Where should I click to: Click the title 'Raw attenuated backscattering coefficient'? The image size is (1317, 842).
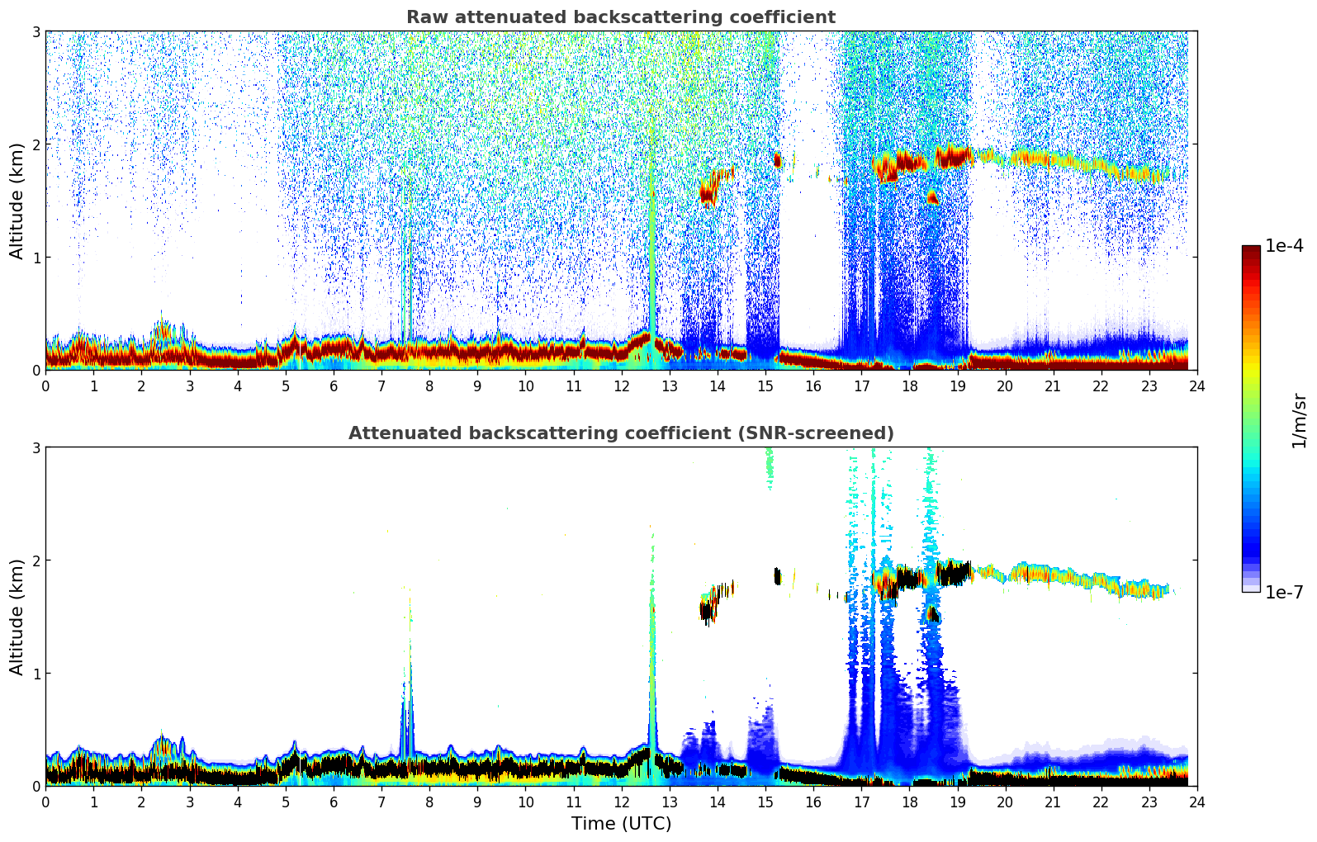tap(621, 17)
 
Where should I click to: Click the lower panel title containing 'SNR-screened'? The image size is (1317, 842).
tap(621, 433)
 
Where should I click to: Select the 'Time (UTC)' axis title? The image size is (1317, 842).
tap(621, 823)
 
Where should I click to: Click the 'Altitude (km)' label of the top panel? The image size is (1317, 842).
tap(17, 201)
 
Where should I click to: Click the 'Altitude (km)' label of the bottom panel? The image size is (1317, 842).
tap(17, 617)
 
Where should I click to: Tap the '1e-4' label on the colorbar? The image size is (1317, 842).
tap(1284, 246)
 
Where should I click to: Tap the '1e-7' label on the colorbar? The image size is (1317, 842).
tap(1284, 592)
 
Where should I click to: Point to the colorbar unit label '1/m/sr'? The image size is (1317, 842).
tap(1299, 419)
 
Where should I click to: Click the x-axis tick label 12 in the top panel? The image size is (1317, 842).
tap(621, 386)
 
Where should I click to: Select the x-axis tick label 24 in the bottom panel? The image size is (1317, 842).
tap(1196, 802)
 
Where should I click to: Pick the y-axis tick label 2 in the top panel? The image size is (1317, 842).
tap(36, 144)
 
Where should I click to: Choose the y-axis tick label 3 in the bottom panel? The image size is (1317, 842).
tap(36, 448)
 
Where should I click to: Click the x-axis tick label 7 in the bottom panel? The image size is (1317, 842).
tap(381, 802)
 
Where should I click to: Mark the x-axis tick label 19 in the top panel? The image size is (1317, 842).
tap(957, 386)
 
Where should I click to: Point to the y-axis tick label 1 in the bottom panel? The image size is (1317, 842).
tap(36, 674)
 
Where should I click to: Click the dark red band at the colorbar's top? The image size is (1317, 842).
tap(1251, 251)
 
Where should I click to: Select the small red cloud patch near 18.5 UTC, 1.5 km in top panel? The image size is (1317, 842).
tap(933, 197)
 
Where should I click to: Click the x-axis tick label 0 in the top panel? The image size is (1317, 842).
tap(45, 386)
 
